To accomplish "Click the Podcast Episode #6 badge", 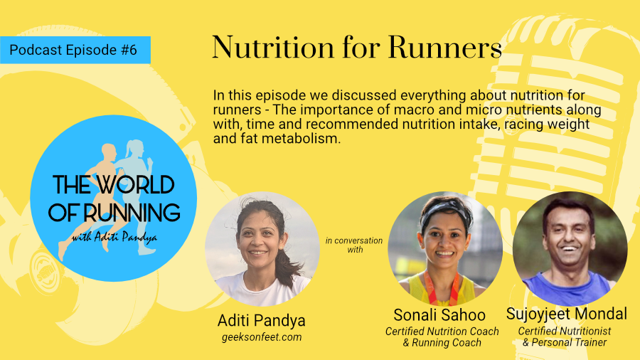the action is tap(75, 50).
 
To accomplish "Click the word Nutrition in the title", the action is tap(274, 48).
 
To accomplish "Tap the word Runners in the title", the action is tap(445, 48).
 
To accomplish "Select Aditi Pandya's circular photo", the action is tap(262, 249).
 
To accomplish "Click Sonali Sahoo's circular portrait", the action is tap(445, 249).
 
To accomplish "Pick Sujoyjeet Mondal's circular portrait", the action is tap(570, 249).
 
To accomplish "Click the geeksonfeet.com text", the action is tap(262, 337).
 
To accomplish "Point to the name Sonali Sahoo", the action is tap(439, 314).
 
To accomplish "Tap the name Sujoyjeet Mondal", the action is tap(567, 314).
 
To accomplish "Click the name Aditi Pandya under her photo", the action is tap(261, 320).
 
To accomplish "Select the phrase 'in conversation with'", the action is tap(354, 245).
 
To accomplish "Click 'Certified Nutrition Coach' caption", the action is tap(442, 331).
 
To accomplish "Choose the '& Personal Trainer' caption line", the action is tap(565, 342).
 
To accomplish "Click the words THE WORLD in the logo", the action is tap(114, 185).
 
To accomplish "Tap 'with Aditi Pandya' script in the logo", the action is tap(114, 237).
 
